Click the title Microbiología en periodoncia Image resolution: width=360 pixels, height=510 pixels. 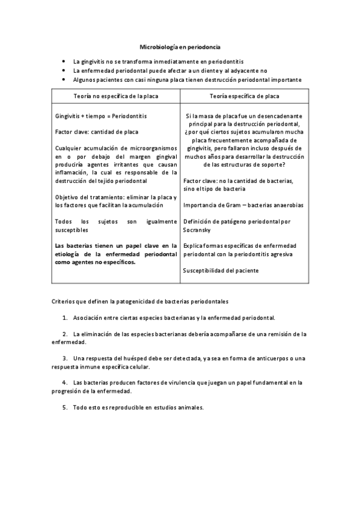180,46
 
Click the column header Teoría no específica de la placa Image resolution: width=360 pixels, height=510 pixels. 114,96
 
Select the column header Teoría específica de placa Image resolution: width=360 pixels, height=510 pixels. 244,96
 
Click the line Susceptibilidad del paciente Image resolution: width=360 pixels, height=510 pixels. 221,271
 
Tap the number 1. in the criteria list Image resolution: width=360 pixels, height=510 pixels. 65,317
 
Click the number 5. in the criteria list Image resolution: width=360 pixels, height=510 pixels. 65,407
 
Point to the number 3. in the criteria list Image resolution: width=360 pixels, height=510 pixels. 65,359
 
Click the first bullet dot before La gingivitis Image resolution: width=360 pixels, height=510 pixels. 64,62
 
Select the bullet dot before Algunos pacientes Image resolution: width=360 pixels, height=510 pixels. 64,79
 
